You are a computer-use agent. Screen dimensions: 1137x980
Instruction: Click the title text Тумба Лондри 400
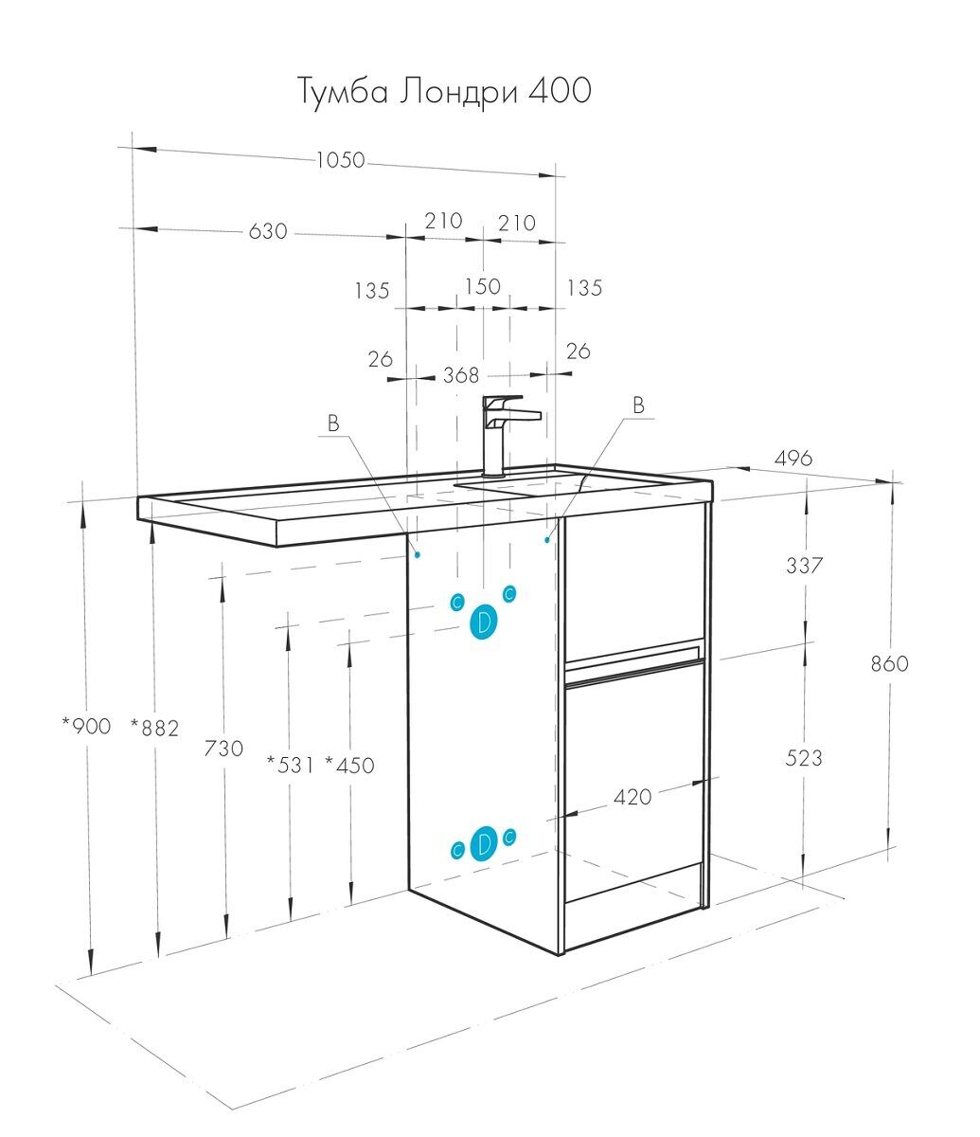[445, 91]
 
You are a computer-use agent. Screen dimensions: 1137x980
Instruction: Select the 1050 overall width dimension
[340, 160]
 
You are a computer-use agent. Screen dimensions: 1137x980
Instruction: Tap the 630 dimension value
[268, 230]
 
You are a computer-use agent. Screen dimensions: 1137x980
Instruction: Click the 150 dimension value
[482, 286]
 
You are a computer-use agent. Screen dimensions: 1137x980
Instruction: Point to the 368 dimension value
[461, 375]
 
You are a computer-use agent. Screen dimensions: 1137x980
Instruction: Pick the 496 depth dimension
[793, 459]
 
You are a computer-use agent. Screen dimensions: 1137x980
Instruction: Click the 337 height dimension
[805, 566]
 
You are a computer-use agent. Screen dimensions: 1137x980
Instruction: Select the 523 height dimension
[804, 758]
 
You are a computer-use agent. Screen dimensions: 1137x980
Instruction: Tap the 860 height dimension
[889, 663]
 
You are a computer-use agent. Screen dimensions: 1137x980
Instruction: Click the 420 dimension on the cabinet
[633, 797]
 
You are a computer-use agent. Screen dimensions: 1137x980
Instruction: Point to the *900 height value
[86, 727]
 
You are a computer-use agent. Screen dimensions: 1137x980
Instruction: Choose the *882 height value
[154, 727]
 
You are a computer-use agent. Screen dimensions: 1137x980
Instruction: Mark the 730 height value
[223, 749]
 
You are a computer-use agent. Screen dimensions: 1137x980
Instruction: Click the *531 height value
[290, 764]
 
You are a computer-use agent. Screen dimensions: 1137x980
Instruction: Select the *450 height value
[349, 764]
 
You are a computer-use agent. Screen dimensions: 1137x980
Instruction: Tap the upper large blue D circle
[484, 623]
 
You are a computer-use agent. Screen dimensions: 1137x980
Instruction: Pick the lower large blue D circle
[484, 842]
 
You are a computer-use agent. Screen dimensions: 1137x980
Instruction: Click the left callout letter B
[333, 424]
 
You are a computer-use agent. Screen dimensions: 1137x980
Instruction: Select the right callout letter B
[638, 405]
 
